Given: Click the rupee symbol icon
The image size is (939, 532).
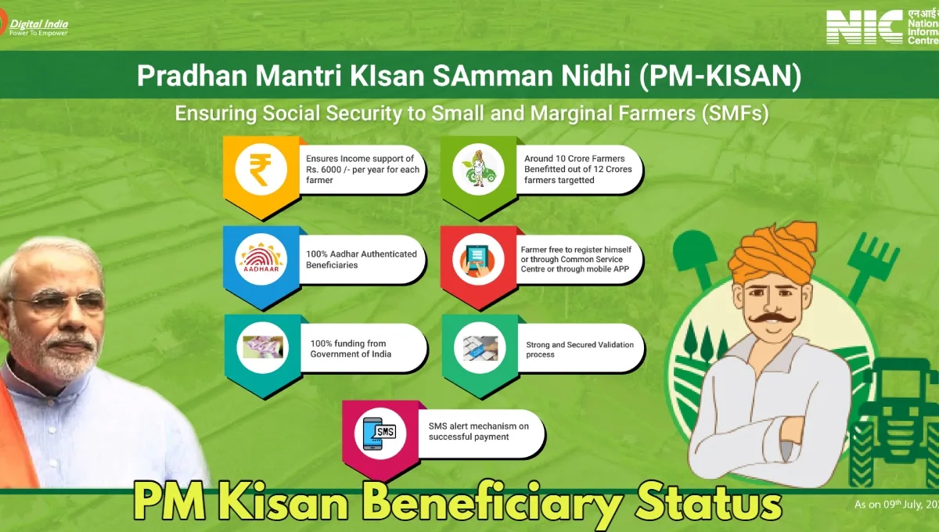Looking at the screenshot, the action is click(x=261, y=169).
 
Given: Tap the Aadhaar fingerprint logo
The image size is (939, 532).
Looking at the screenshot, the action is click(x=261, y=258).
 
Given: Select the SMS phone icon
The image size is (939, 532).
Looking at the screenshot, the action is click(x=379, y=433).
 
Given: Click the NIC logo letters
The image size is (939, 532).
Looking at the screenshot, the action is click(x=864, y=27).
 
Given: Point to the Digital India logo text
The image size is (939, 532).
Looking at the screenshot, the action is click(x=38, y=27).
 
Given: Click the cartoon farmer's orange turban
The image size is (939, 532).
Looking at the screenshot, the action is click(x=773, y=252).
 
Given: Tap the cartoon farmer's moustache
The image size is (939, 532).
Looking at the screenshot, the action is click(x=772, y=319).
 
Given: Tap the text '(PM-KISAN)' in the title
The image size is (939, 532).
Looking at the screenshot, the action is click(x=720, y=76).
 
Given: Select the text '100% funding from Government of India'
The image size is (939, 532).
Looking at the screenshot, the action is click(x=351, y=349).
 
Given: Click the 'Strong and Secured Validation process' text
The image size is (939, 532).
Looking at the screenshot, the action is click(x=580, y=349).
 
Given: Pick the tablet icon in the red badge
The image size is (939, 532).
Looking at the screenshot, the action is click(x=477, y=260).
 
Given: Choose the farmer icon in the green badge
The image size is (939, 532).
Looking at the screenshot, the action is click(x=478, y=168).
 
